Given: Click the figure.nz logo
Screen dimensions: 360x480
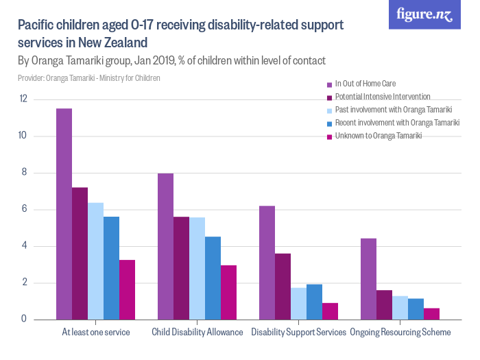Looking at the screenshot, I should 424,15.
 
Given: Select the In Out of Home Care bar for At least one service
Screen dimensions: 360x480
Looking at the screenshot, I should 64,214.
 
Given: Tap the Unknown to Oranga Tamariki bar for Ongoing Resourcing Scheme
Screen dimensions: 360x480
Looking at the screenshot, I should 431,313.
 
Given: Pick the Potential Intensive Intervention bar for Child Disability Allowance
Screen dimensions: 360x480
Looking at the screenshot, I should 181,268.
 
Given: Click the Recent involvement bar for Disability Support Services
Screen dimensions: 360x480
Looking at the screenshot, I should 314,302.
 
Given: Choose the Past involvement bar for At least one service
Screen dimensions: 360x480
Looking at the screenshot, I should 95,261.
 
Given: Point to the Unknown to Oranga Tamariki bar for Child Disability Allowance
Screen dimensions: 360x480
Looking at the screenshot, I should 228,292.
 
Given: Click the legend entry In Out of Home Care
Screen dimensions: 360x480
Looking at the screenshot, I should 365,84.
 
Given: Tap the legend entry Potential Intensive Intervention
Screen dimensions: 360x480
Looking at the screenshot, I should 382,97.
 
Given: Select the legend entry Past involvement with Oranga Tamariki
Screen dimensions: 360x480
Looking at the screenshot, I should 393,110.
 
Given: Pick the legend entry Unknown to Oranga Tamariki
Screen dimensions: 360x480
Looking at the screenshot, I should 378,136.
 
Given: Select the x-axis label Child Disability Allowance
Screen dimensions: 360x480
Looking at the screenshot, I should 197,333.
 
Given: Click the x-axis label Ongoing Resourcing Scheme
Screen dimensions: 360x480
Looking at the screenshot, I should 400,333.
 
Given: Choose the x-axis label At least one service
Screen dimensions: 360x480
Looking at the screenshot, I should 95,333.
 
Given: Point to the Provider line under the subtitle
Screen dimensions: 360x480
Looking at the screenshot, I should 89,78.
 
